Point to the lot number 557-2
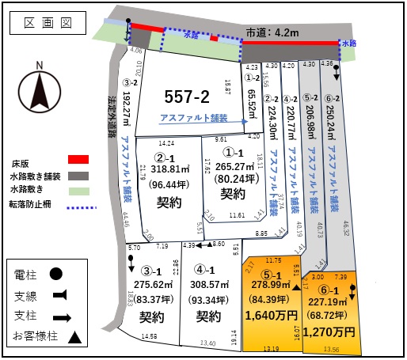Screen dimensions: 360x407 (187, 97)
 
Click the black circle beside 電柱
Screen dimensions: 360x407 (57, 275)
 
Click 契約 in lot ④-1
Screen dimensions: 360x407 (209, 316)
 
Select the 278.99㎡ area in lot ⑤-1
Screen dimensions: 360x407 (270, 284)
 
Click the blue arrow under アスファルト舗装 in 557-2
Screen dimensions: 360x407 (198, 124)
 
